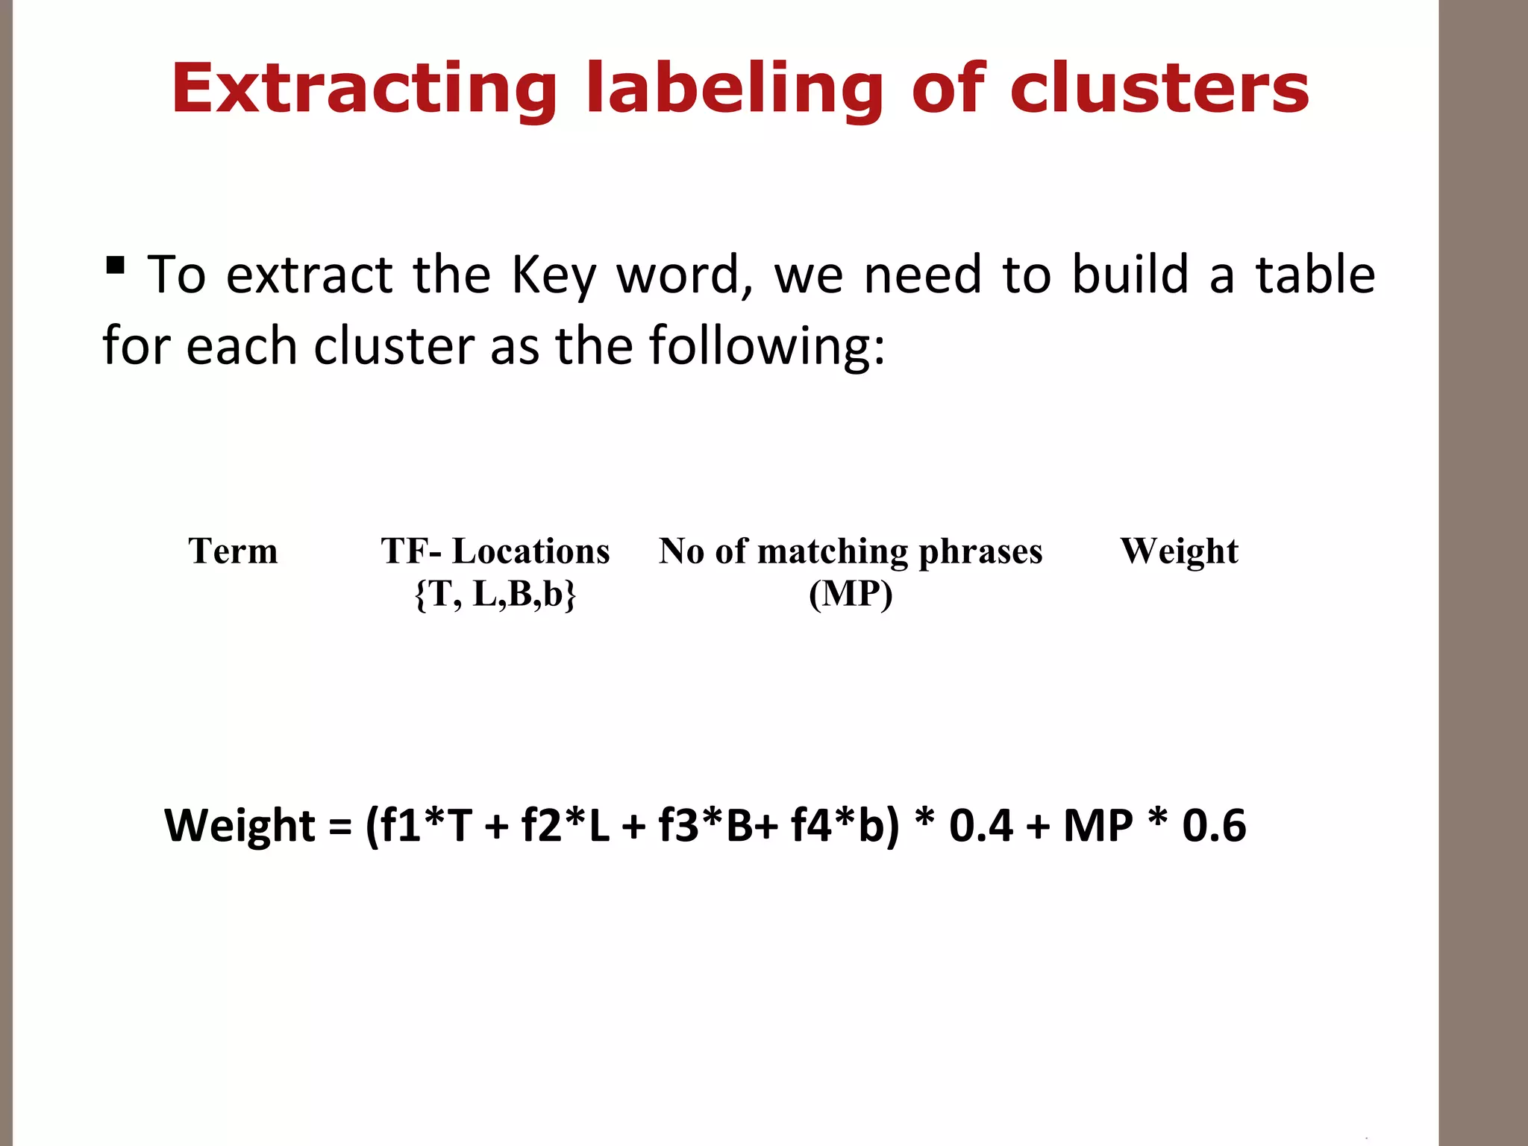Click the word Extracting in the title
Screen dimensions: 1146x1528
click(x=364, y=90)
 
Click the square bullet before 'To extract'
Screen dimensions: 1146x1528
click(x=115, y=265)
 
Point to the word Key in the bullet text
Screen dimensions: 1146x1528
click(x=553, y=275)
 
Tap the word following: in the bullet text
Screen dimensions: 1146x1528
click(x=767, y=345)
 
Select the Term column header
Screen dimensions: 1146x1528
click(x=233, y=551)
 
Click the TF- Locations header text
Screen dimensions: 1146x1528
click(x=495, y=551)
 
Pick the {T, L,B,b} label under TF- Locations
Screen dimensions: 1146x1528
click(x=495, y=594)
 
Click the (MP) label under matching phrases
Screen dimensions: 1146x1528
click(x=851, y=594)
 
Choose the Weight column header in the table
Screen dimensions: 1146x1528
click(x=1179, y=551)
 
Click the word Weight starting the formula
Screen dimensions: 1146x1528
click(x=239, y=825)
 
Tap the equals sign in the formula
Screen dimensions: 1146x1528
click(x=340, y=827)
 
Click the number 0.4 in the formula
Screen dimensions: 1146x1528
click(x=981, y=825)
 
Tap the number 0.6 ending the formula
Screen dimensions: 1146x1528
click(x=1214, y=825)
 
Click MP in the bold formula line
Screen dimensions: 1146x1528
click(x=1098, y=825)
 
